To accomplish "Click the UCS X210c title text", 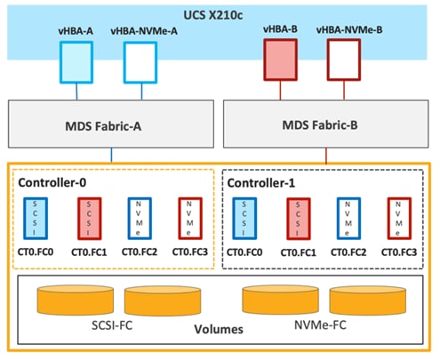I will [220, 16].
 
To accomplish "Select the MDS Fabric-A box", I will [110, 123].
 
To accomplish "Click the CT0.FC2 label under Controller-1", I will [348, 252].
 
